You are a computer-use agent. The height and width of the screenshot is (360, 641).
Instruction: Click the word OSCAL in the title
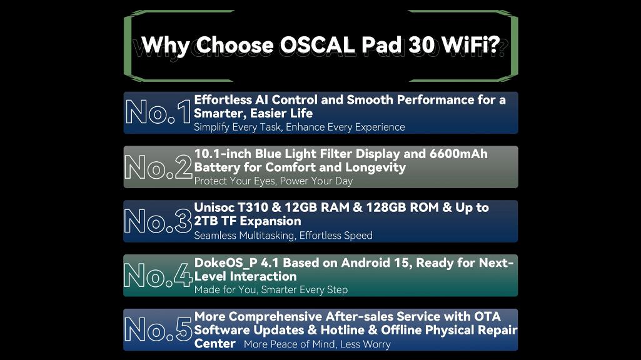point(316,44)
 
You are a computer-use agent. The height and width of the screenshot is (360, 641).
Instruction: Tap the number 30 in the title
point(421,44)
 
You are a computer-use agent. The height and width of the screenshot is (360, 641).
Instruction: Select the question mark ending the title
point(494,44)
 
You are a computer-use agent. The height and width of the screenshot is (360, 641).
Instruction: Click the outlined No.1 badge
point(158,112)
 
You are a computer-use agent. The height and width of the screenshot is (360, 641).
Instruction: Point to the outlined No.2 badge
point(158,167)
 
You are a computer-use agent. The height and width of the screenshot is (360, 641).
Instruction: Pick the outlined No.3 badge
point(158,221)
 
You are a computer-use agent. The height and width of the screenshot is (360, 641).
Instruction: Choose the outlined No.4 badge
point(158,275)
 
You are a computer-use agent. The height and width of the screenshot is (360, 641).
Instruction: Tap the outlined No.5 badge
point(158,329)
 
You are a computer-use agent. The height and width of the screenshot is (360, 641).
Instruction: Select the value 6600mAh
point(458,154)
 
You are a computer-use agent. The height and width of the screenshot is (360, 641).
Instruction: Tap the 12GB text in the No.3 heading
point(301,207)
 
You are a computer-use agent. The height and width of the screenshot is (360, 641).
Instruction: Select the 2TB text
point(206,221)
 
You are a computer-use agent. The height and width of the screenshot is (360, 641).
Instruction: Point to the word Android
point(365,262)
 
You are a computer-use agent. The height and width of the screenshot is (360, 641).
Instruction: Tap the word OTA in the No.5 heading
point(487,316)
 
